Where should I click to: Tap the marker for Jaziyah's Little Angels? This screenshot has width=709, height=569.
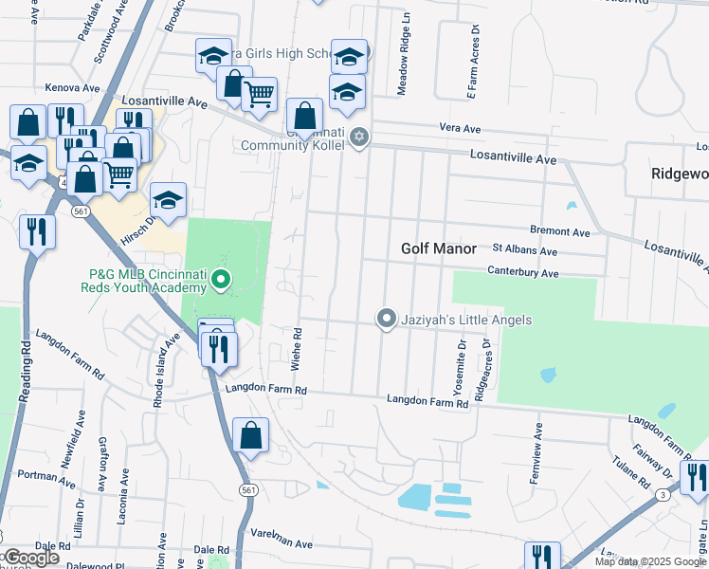tap(386, 319)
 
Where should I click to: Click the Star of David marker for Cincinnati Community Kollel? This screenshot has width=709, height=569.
tap(358, 138)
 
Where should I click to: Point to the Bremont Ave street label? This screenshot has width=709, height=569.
tap(561, 231)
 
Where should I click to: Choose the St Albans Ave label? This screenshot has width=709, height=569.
tap(524, 251)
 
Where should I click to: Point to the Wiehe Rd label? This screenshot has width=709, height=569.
tap(297, 348)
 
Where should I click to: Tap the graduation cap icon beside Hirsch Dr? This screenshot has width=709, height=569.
tap(168, 200)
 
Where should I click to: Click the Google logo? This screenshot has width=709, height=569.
tap(30, 559)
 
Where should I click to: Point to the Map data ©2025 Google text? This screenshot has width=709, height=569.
tap(650, 561)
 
